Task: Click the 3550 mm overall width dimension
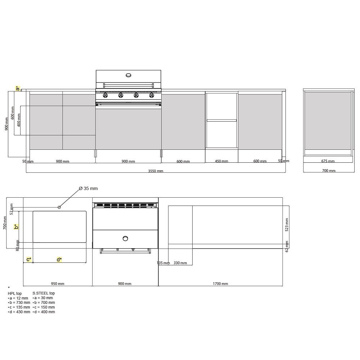coord(156,171)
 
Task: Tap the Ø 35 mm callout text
coord(89,189)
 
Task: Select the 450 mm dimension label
coord(221,161)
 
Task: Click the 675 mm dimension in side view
coord(328,161)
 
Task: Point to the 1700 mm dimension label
coord(220,284)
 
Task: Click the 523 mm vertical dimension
coord(287,225)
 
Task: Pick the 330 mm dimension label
coord(180,263)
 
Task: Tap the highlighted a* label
coord(18,88)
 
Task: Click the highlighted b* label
coord(16,226)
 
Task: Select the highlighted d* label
coord(59,260)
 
